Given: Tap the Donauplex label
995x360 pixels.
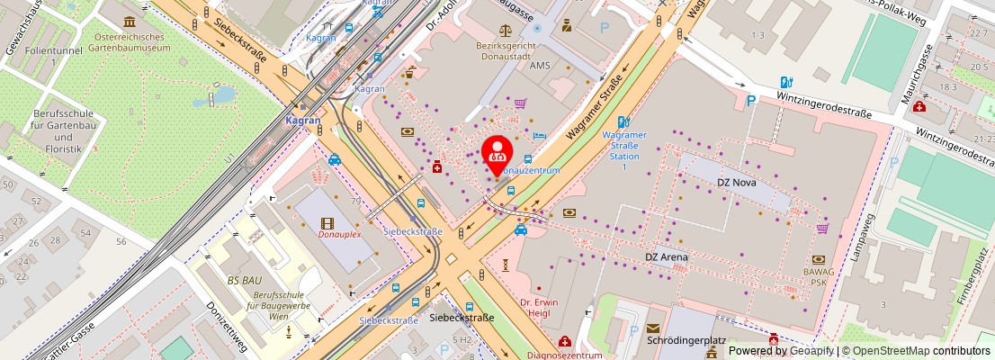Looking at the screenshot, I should point(339,235).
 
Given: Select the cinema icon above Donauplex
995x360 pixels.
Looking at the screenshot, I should point(327,222).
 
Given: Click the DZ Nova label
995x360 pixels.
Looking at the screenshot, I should point(736,182).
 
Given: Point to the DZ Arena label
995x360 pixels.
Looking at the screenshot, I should point(667,257).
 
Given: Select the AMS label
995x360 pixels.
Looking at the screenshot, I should point(540,66).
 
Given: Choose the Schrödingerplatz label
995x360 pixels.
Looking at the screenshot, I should point(686,342).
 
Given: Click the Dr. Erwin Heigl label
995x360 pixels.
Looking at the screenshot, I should point(539,308).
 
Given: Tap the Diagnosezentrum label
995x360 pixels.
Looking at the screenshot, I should point(564,355).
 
